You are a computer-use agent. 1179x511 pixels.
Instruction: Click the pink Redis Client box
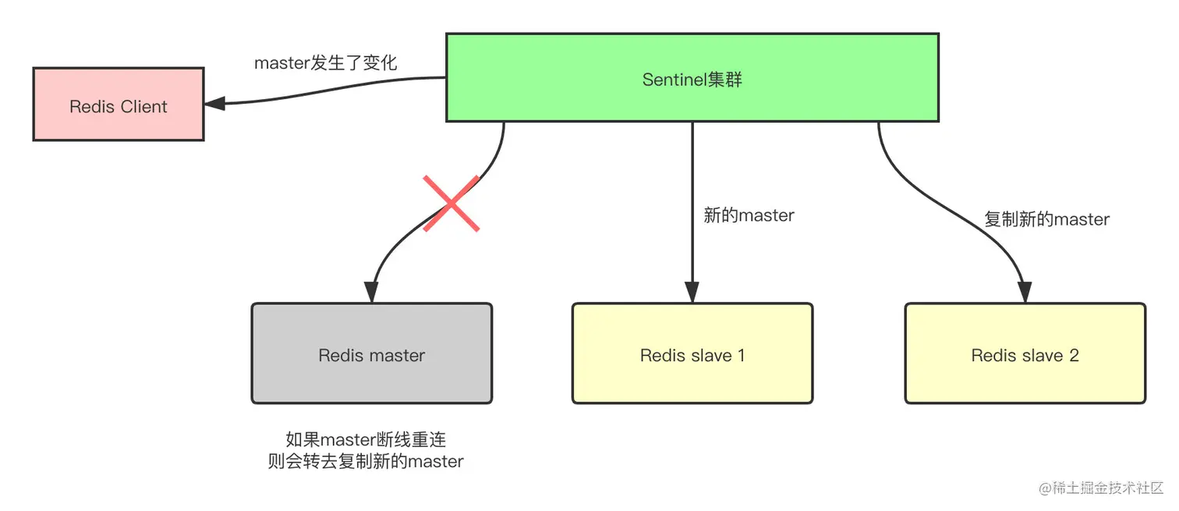[119, 104]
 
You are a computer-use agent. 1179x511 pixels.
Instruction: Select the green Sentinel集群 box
[692, 77]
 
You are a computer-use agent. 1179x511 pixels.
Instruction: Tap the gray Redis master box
[371, 353]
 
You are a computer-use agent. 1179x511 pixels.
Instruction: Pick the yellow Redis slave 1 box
[692, 353]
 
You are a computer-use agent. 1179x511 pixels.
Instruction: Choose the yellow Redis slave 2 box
[1025, 353]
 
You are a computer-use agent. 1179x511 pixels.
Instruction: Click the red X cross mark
[451, 204]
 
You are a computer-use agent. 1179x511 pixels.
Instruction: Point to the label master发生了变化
[325, 63]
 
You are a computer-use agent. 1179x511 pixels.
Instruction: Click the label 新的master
[749, 215]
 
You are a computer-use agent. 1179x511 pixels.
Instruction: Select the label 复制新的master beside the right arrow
[1046, 219]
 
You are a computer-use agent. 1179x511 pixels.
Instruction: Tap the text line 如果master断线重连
[366, 439]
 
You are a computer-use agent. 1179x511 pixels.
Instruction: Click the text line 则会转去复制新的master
[366, 461]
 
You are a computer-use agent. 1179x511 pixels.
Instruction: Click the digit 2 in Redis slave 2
[1074, 356]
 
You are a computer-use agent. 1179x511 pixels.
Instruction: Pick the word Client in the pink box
[143, 107]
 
